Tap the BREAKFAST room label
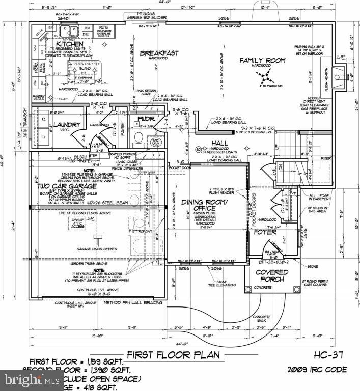159,53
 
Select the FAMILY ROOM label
263,61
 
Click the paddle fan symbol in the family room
264,78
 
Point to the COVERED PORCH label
272,275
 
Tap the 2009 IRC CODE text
317,369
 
